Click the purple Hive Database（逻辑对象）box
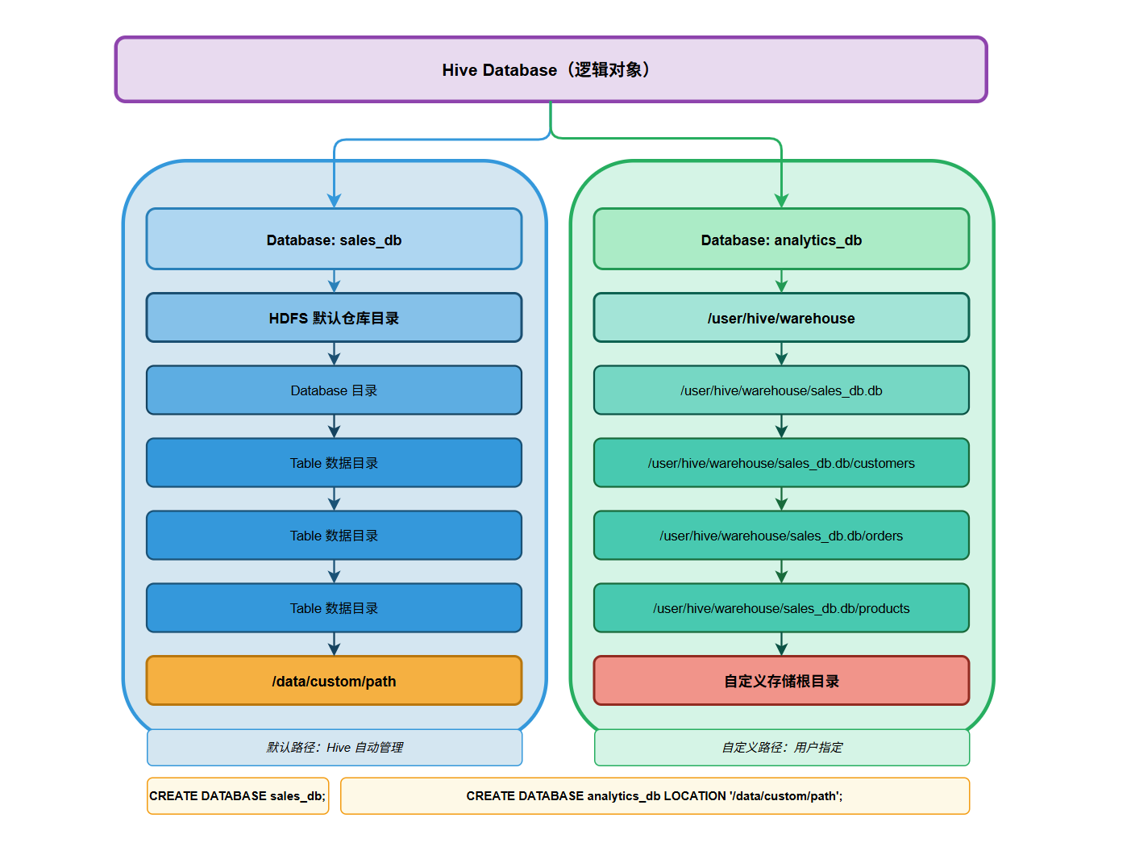(551, 70)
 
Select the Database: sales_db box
(334, 240)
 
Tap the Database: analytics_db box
(781, 240)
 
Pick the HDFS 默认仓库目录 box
(334, 318)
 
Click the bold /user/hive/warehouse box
(781, 318)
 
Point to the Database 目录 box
(334, 390)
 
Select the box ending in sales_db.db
(781, 390)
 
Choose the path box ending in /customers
(781, 463)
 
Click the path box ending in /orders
(781, 536)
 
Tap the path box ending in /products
(781, 608)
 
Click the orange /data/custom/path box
(334, 681)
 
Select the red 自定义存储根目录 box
(781, 681)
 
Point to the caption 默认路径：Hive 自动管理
(335, 748)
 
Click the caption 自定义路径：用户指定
(782, 748)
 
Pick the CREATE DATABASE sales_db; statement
(238, 796)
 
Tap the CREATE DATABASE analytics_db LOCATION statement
(655, 796)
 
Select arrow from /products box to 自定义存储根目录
(781, 645)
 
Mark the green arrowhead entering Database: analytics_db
(781, 200)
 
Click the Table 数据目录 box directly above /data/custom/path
(334, 608)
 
